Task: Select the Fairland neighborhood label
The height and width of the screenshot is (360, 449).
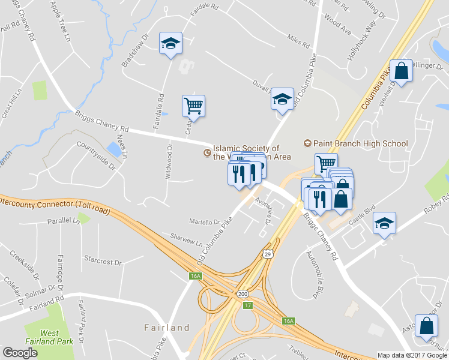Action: coord(167,328)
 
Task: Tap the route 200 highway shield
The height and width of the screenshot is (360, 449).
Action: coord(243,294)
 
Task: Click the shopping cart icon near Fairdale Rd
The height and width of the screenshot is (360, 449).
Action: coord(193,106)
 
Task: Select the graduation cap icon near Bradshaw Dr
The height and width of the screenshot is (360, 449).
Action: coord(170,43)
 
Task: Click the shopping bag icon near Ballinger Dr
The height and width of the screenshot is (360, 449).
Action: coord(401,71)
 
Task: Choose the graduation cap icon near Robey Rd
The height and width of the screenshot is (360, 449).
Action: coord(384,223)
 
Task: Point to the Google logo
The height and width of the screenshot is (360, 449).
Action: coord(20,353)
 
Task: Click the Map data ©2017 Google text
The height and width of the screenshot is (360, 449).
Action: coord(412,355)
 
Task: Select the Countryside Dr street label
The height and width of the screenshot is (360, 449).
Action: coord(96,154)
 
